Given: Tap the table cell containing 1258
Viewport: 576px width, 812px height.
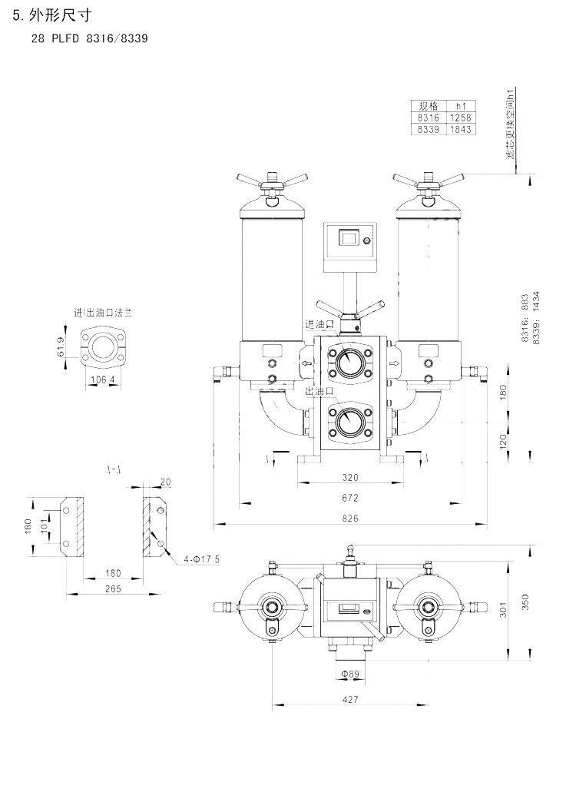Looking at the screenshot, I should [461, 118].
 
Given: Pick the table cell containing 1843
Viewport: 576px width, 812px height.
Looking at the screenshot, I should [461, 129].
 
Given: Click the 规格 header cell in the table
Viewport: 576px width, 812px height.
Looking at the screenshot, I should [428, 106].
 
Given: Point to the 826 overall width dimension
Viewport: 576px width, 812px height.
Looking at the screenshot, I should [350, 519].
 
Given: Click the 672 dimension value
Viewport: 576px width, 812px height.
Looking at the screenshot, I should [350, 498].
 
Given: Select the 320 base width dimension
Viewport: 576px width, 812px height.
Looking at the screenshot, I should [350, 477].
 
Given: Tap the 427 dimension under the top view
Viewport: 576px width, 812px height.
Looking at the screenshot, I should [350, 700].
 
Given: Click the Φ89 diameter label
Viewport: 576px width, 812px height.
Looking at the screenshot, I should [350, 674].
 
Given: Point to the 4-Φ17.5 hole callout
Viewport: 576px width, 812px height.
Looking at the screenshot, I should [202, 558].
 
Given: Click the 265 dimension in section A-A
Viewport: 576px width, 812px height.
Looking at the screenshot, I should [112, 588].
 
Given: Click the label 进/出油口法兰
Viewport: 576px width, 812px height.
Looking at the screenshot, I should [103, 313].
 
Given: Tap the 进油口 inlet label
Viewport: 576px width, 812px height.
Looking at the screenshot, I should [319, 324].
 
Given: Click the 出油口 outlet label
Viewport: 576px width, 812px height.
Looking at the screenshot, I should [319, 391].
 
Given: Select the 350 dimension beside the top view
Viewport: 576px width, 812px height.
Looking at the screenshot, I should [525, 602].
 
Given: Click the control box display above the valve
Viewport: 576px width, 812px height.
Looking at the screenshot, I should [349, 239].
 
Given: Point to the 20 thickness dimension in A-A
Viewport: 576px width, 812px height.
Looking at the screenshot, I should [166, 482].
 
